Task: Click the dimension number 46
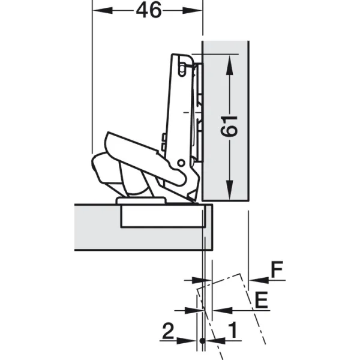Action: coord(149,11)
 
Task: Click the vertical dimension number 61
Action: coord(229,127)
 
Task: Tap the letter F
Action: coord(277,269)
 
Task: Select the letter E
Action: coord(262,300)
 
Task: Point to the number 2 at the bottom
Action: coord(168,331)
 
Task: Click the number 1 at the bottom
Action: coord(232,330)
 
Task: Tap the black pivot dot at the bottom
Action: coord(202,341)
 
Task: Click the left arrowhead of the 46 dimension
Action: coord(103,11)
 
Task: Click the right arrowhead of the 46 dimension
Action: coord(193,11)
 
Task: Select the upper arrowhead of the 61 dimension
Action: coord(229,65)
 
